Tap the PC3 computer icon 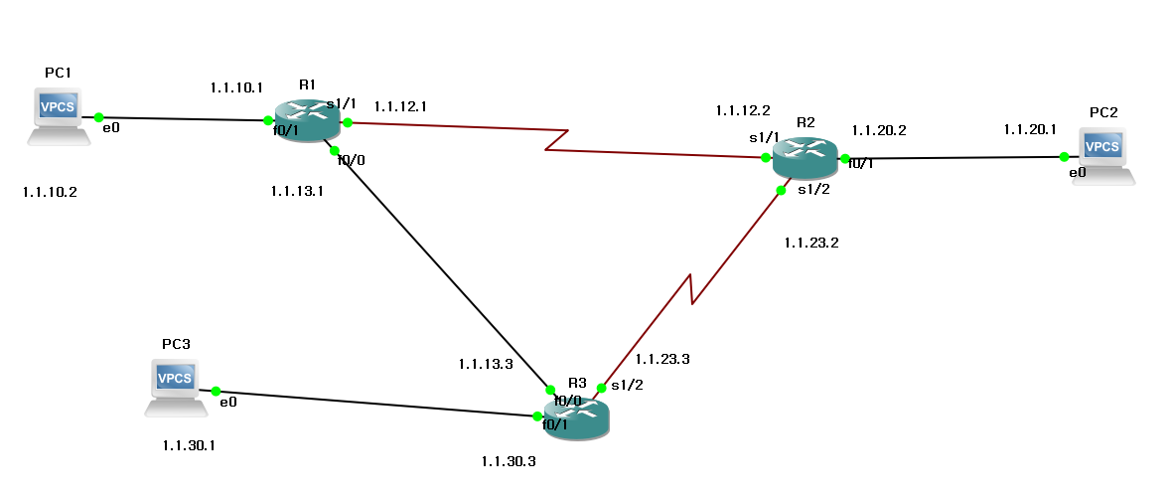point(176,385)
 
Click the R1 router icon point(307,120)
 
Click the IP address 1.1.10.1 point(236,87)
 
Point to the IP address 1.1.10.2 point(50,193)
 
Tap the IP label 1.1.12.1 point(400,105)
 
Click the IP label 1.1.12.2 point(742,109)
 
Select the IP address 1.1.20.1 point(1030,129)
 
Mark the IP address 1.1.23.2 point(811,242)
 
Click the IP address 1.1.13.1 point(297,191)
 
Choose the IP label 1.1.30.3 point(509,461)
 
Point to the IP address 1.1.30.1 point(189,444)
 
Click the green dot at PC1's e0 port point(98,117)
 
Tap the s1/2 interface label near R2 point(813,190)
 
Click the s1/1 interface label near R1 point(341,102)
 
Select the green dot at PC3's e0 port point(215,392)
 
